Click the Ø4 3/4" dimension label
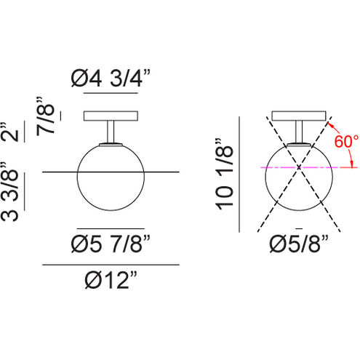pyautogui.click(x=111, y=78)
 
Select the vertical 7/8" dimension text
pyautogui.click(x=45, y=116)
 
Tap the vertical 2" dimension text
pyautogui.click(x=9, y=132)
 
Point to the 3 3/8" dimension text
pyautogui.click(x=9, y=191)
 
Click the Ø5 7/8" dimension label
pyautogui.click(x=111, y=244)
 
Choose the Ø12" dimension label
pyautogui.click(x=111, y=280)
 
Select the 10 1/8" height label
pyautogui.click(x=225, y=174)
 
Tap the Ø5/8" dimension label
pyautogui.click(x=299, y=244)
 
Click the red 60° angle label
pyautogui.click(x=346, y=141)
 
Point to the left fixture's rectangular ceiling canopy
pyautogui.click(x=111, y=116)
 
